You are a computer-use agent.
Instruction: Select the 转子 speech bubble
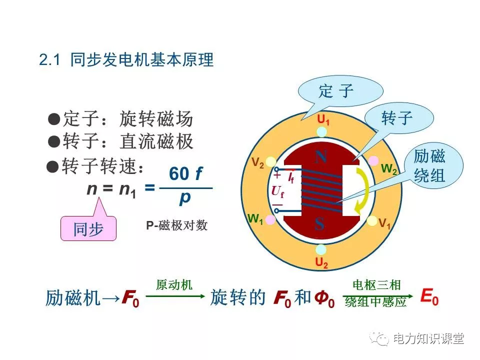tap(398, 118)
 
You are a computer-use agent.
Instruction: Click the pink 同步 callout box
tap(88, 228)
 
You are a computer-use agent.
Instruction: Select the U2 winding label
tap(321, 262)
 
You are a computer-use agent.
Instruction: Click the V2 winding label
tap(257, 163)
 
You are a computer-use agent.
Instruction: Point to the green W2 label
tap(389, 169)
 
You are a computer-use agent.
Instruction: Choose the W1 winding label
tap(255, 219)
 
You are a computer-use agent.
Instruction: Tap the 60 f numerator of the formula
tap(185, 173)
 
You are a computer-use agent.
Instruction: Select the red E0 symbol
tap(429, 297)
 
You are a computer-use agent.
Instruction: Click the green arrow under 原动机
tap(175, 296)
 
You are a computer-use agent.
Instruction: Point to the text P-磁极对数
tap(176, 225)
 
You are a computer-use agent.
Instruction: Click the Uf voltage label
tap(277, 191)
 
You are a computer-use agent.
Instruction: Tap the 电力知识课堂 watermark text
tap(428, 338)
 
